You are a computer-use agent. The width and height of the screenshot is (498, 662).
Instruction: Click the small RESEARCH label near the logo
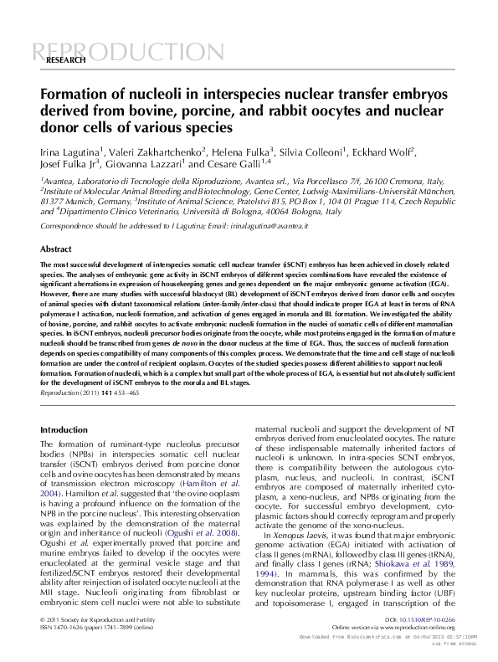point(66,61)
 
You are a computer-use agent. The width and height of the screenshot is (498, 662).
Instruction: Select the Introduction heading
point(64,429)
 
